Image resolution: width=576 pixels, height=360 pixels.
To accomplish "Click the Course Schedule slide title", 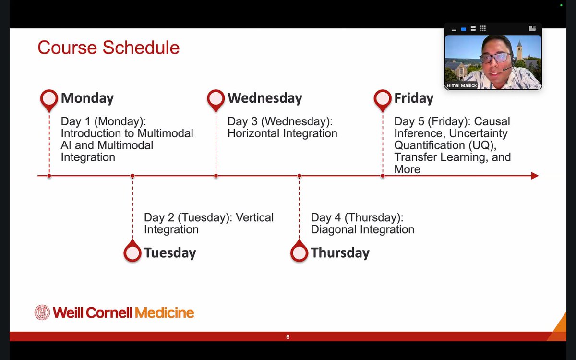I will click(x=108, y=48).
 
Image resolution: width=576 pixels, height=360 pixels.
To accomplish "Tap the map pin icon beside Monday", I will click(x=49, y=98).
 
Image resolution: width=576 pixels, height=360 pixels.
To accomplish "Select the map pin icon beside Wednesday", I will click(x=216, y=98).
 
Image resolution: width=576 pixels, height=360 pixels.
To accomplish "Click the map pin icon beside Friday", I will click(x=383, y=98).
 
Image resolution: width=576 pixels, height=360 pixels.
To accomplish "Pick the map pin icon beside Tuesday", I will click(x=132, y=252).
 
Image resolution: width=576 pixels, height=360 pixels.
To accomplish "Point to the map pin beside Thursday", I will click(x=299, y=252).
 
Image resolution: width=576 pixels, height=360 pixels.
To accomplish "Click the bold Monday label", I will click(x=87, y=98).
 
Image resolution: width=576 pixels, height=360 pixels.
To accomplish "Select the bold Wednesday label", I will click(x=264, y=98).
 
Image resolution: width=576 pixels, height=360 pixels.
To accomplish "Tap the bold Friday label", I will click(x=413, y=98).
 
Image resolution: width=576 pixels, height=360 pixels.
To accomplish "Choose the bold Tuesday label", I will click(x=170, y=253).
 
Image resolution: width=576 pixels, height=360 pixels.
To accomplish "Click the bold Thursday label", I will click(x=340, y=253).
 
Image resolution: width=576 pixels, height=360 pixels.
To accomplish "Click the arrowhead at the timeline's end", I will click(x=535, y=176).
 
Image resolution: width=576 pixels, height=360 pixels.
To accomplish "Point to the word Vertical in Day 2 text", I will click(x=254, y=217).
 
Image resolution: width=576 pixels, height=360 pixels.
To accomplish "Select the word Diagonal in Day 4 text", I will click(x=332, y=229).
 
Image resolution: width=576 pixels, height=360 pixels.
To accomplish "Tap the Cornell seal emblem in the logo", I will click(x=42, y=312).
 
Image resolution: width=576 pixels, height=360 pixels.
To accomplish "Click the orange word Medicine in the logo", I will click(x=164, y=313).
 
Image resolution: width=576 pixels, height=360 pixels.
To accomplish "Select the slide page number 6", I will click(x=288, y=337).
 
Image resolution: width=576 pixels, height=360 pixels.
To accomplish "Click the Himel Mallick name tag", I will click(x=462, y=85).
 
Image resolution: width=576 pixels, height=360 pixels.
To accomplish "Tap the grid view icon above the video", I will click(x=483, y=29).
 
